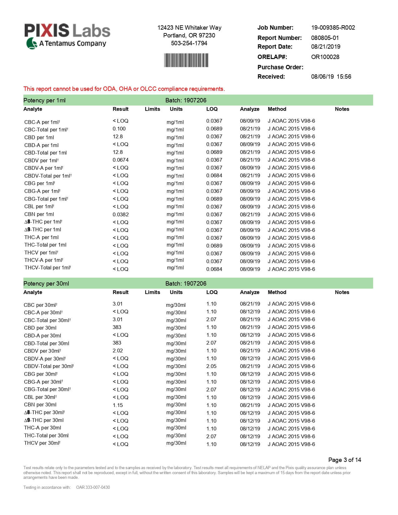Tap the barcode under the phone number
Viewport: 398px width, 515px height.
click(186, 60)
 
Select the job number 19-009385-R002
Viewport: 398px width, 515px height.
click(333, 27)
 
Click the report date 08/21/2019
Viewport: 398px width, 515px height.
click(326, 47)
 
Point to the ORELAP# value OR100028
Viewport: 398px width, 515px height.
click(325, 57)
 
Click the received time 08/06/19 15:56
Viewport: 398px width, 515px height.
click(331, 76)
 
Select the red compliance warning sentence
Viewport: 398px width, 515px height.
click(124, 89)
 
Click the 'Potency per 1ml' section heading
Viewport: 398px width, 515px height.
click(44, 100)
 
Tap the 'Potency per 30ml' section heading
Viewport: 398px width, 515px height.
click(46, 283)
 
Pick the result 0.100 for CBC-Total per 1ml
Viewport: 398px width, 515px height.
click(119, 129)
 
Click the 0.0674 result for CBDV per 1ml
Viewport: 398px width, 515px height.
click(120, 160)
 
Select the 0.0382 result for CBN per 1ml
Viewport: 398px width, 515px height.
click(120, 214)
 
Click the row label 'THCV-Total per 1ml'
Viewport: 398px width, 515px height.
click(47, 268)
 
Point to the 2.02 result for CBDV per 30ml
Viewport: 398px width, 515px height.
click(118, 351)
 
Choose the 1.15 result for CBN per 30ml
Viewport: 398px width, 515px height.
click(118, 405)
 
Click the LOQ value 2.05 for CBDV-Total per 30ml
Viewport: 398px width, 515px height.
click(211, 366)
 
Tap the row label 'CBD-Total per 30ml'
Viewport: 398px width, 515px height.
click(47, 343)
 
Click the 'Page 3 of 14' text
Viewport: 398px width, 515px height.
click(344, 460)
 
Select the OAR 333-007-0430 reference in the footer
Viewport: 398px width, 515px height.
click(93, 487)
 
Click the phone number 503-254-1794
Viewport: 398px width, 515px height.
click(189, 43)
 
